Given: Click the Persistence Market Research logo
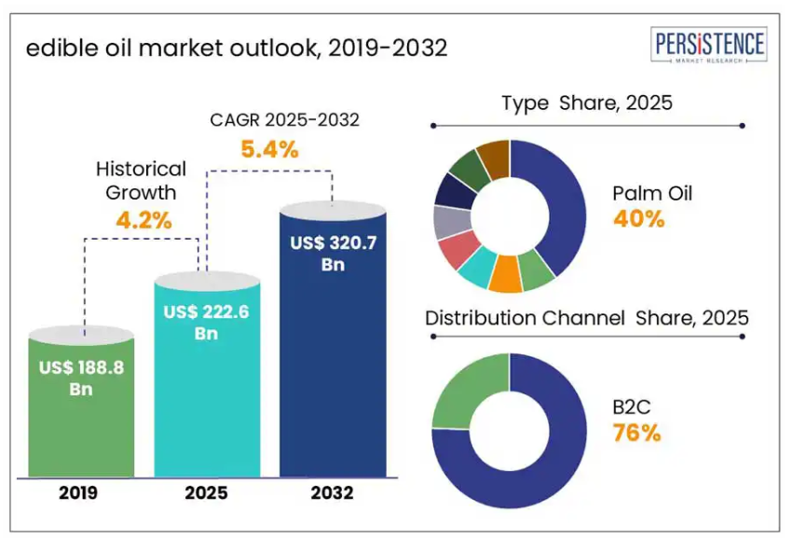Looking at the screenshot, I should (709, 46).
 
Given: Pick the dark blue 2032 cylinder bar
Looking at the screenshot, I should (333, 373).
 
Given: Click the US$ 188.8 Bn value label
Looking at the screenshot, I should (81, 378).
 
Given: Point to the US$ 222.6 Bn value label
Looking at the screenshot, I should (206, 322).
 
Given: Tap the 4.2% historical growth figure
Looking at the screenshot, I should (142, 220).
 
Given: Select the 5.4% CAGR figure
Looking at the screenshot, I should (269, 147).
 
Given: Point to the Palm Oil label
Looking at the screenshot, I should (652, 194).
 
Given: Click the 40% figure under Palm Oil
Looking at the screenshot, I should (638, 219).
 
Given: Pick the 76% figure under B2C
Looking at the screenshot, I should (636, 433).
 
